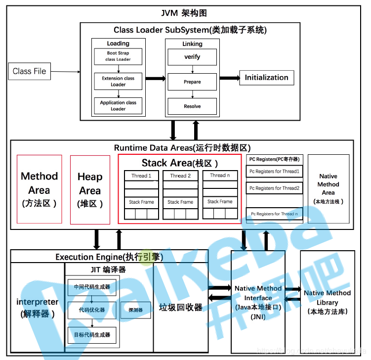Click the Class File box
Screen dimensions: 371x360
(x=29, y=71)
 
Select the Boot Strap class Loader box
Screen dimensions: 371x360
(x=118, y=56)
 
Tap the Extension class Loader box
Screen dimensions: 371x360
(x=118, y=81)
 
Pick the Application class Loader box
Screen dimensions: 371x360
(x=118, y=105)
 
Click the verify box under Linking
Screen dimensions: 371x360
(x=192, y=57)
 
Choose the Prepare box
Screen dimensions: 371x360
(x=192, y=82)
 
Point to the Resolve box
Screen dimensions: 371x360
(x=192, y=106)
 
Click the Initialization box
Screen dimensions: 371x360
(x=266, y=78)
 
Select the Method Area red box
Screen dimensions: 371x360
(x=40, y=189)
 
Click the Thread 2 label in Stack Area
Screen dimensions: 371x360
(x=180, y=176)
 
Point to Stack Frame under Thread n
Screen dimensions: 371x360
(x=220, y=202)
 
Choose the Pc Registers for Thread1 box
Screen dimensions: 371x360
(x=274, y=172)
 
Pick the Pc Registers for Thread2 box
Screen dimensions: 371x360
(x=274, y=188)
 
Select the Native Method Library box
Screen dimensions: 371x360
(x=328, y=302)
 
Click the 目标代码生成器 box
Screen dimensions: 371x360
(x=92, y=335)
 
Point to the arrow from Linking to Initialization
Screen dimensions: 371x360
(x=229, y=78)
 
